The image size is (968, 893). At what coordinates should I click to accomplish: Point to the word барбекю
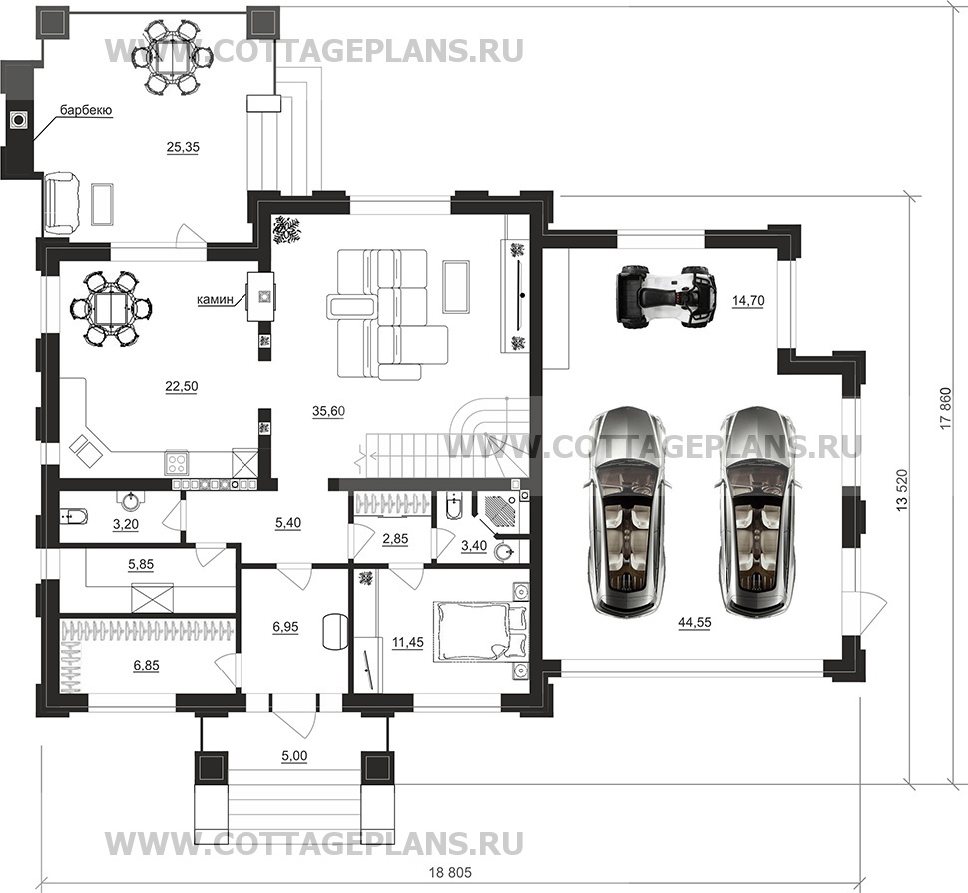pyautogui.click(x=85, y=110)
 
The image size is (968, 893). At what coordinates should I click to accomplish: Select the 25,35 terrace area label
pyautogui.click(x=183, y=147)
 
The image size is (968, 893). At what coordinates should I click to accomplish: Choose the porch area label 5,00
pyautogui.click(x=292, y=756)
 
